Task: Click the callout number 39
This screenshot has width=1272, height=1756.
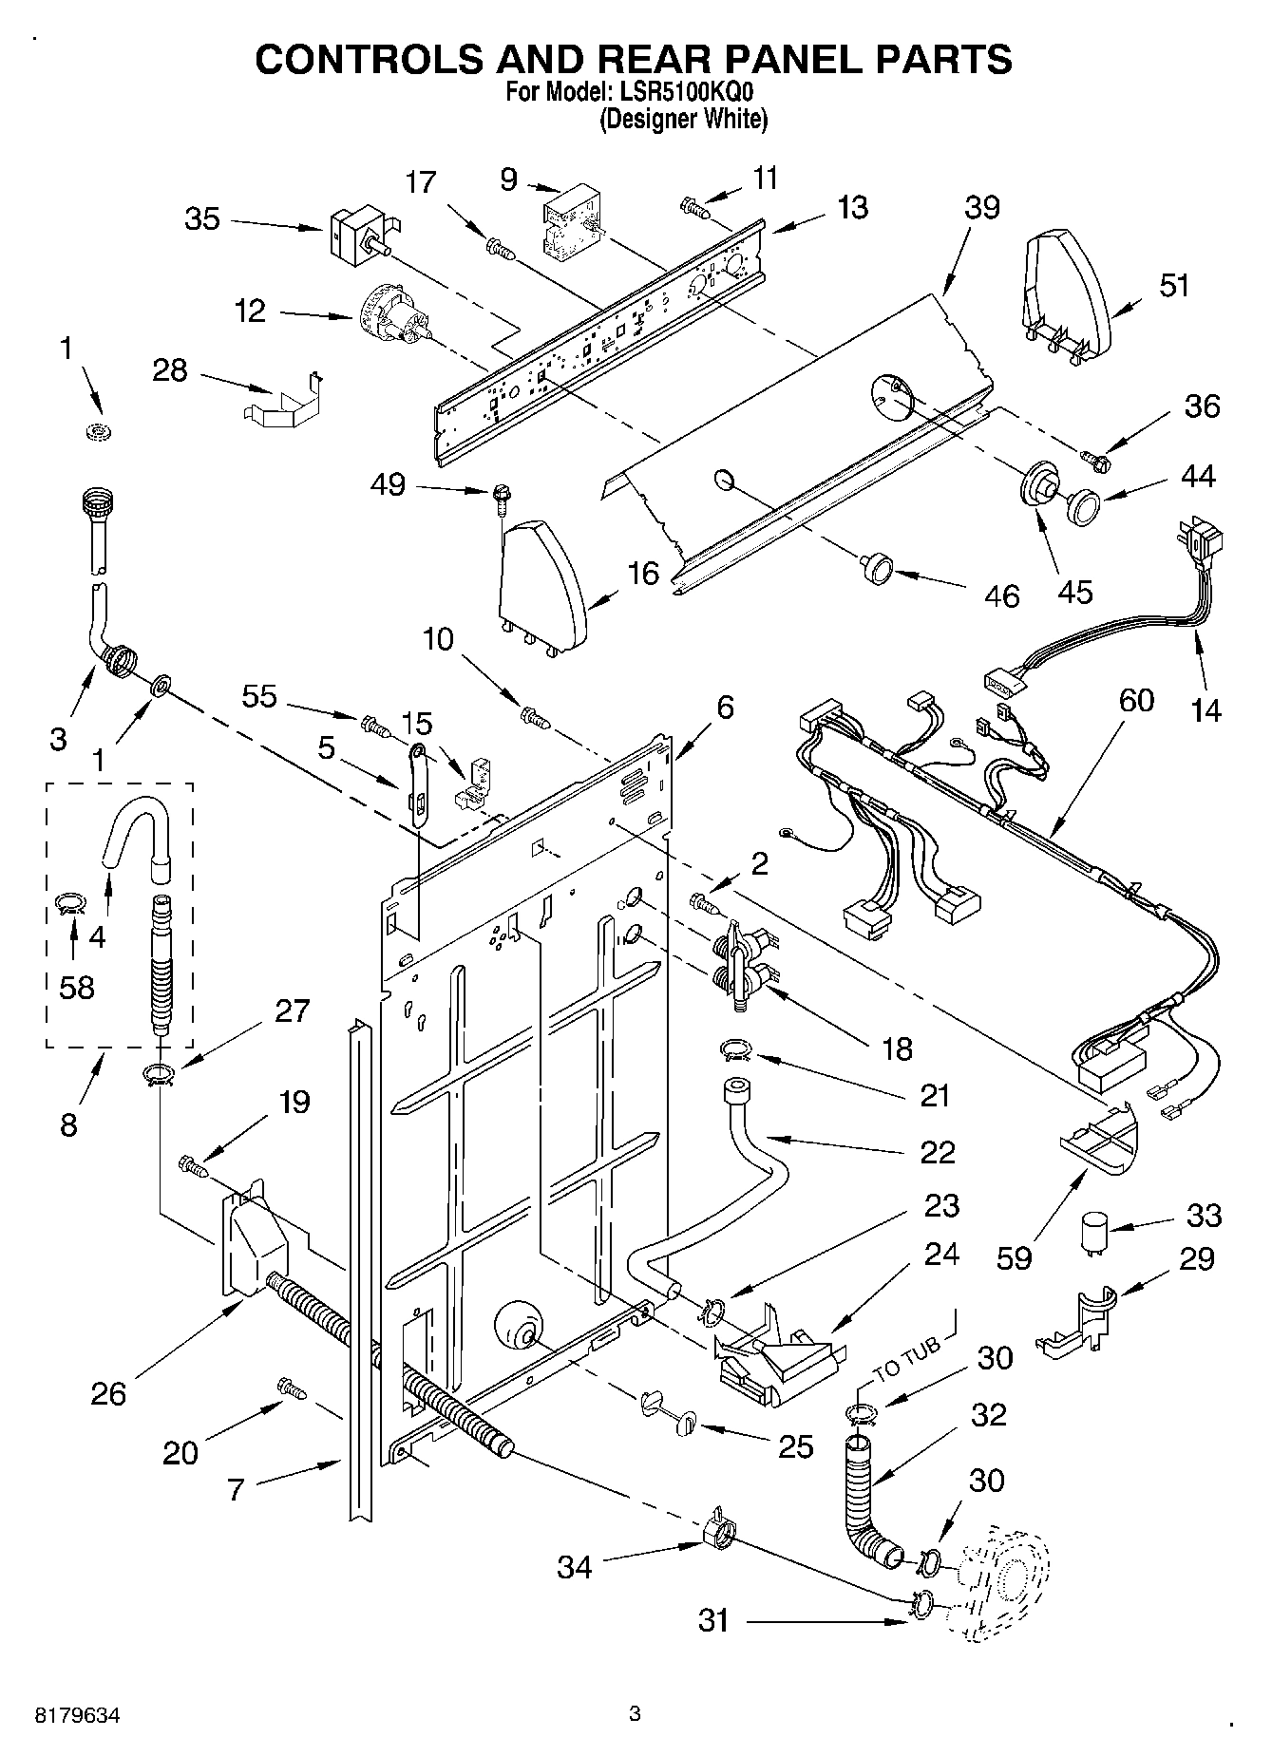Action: click(x=982, y=207)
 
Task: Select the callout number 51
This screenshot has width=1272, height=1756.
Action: click(x=1174, y=285)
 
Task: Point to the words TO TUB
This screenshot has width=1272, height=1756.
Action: click(x=907, y=1355)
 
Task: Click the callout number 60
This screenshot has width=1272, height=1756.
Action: click(x=1136, y=700)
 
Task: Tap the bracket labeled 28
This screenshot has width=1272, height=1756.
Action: click(x=282, y=401)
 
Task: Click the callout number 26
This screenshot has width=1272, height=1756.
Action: click(x=108, y=1393)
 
